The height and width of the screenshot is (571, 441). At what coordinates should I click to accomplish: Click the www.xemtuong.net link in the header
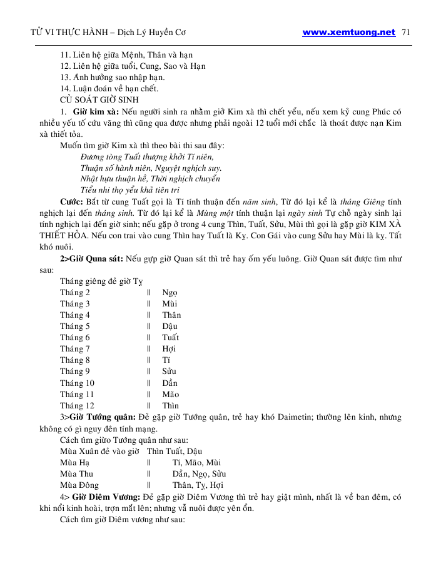348,33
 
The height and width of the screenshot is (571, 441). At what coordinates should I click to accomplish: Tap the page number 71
405,33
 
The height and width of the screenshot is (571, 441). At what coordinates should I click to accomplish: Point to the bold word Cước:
72,202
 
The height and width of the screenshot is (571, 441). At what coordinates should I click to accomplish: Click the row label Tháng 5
75,326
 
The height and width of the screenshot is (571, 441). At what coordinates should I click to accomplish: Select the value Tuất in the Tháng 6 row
170,338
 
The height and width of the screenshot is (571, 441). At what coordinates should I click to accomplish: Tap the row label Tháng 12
77,405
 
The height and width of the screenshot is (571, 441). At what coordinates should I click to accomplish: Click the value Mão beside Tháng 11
170,394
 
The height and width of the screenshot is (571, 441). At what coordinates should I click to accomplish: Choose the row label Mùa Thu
76,473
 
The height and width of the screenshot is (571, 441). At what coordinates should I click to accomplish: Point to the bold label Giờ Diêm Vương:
104,496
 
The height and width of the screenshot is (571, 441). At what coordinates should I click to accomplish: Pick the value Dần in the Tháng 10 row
170,383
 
